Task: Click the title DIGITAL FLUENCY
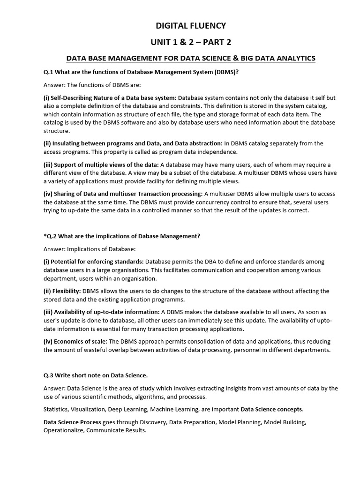(x=191, y=25)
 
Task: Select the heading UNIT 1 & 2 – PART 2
(x=191, y=42)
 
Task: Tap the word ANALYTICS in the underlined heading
(x=294, y=58)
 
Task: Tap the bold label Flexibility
(x=67, y=291)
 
